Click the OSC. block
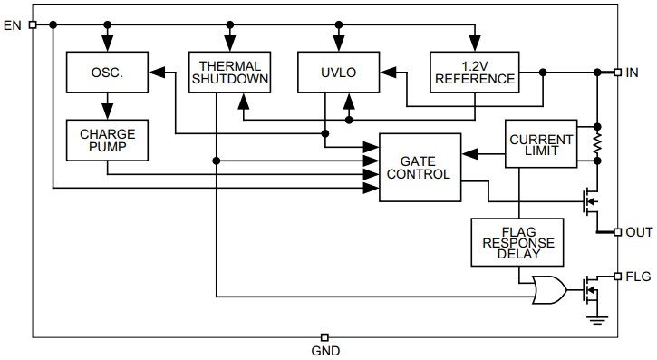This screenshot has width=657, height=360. pos(107,73)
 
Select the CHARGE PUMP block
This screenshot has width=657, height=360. pos(107,141)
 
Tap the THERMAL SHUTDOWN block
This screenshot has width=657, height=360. pos(229,73)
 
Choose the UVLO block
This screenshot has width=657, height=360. pos(338,73)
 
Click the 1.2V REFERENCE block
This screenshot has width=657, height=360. pos(475,73)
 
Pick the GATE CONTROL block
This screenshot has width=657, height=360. pos(419,168)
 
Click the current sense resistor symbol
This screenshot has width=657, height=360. pos(597,143)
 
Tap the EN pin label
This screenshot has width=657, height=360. pos(13,24)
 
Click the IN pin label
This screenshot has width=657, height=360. pos(633,72)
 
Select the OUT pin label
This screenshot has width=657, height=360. pos(639,232)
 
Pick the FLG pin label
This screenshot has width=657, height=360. pos(638,277)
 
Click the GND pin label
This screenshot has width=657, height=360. pos(325,351)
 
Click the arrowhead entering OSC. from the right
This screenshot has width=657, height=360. pos(156,73)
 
